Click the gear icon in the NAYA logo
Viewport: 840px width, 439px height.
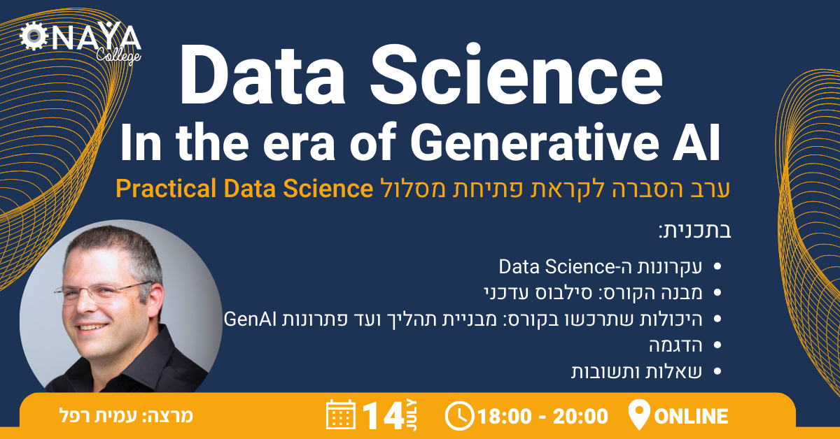[x=34, y=36]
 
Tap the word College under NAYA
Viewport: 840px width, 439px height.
[x=118, y=56]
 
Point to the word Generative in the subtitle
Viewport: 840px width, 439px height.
[x=535, y=143]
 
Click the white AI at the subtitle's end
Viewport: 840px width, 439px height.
[x=696, y=143]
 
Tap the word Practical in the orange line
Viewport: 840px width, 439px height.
[x=166, y=189]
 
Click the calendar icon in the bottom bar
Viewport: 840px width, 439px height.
[x=341, y=415]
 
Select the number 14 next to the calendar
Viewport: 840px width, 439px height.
[x=384, y=416]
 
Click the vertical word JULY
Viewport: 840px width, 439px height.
[x=412, y=415]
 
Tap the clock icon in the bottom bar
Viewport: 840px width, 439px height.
[x=459, y=416]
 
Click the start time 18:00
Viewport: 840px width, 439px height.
[x=505, y=417]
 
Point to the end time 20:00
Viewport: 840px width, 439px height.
[x=580, y=417]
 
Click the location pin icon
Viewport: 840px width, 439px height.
[x=639, y=414]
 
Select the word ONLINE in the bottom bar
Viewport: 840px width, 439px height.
[x=691, y=417]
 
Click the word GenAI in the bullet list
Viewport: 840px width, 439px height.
[x=250, y=319]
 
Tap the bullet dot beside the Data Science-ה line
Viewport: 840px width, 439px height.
[x=717, y=267]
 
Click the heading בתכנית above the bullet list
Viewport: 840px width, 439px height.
[x=695, y=231]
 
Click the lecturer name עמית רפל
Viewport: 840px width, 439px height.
[x=98, y=416]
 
